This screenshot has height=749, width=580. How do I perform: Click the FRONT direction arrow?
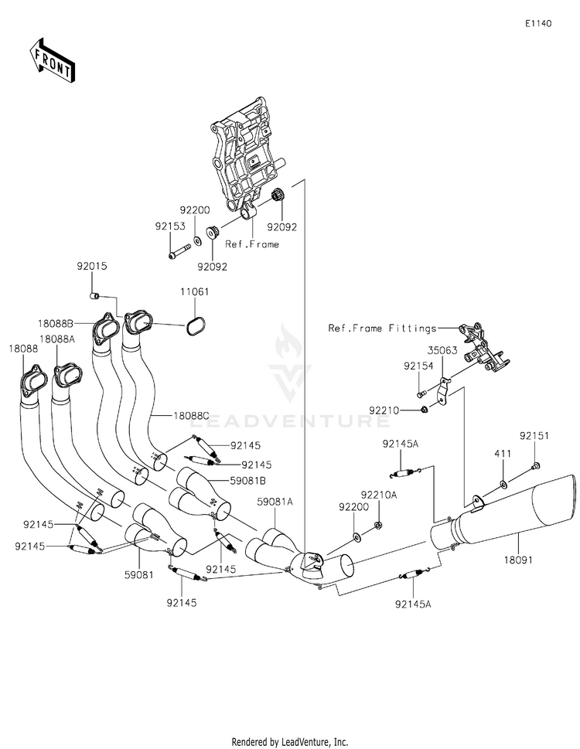52,60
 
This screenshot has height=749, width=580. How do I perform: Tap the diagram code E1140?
538,23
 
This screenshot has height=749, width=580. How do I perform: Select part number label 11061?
194,291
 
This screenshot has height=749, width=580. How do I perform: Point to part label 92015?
92,266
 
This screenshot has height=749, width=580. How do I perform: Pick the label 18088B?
56,323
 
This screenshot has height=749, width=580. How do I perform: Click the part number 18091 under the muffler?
518,560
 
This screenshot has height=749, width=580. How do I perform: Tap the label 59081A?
275,502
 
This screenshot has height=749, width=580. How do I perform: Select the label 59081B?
248,481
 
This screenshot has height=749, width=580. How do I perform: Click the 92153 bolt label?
170,226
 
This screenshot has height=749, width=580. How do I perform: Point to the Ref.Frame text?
252,244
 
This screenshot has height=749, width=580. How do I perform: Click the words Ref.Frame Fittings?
382,329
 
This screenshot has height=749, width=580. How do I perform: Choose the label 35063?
442,350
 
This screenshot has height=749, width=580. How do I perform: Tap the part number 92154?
418,366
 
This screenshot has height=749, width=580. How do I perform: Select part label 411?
503,453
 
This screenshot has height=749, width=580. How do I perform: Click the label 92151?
534,436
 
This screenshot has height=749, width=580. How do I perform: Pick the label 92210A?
379,495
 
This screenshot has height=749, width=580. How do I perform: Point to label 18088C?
191,416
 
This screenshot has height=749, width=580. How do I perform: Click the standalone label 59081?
139,574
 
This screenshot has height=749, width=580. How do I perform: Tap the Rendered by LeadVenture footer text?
290,742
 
